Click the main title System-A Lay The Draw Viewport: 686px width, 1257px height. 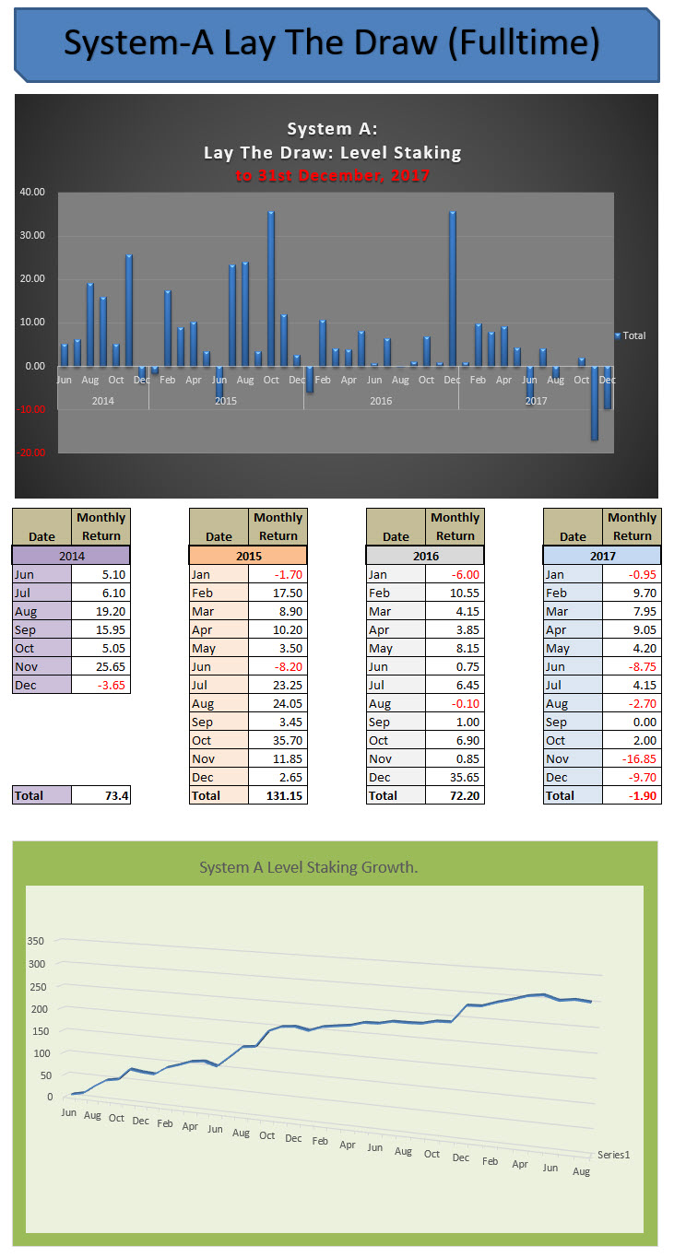click(332, 43)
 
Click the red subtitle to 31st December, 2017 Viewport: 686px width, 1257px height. click(332, 175)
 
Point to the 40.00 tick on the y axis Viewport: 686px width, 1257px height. click(32, 193)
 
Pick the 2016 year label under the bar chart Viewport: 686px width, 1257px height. click(381, 401)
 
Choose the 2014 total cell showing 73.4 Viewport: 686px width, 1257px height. click(101, 795)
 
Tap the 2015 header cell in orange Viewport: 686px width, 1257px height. click(248, 556)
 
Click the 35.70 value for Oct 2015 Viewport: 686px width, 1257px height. click(278, 740)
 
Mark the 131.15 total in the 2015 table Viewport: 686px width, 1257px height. click(278, 795)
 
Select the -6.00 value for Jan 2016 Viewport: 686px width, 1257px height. click(455, 574)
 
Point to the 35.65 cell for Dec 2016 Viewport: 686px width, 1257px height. click(455, 777)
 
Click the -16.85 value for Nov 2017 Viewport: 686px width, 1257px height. click(632, 758)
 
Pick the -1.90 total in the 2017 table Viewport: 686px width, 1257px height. click(632, 795)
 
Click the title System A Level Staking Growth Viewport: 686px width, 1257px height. click(309, 868)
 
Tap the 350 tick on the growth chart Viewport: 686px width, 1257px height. click(35, 942)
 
